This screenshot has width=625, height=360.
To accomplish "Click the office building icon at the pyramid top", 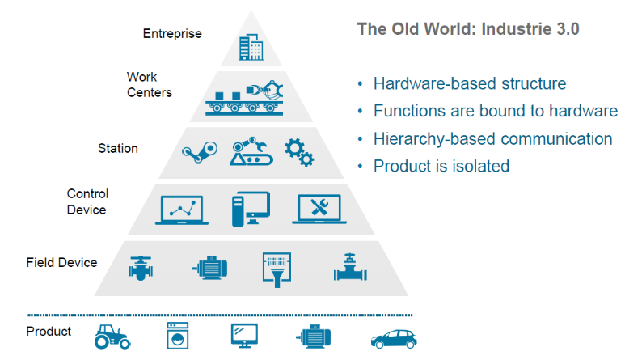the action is point(251,47).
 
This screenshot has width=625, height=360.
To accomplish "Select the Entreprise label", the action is point(172,33).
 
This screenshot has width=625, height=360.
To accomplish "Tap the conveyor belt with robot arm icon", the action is point(244,98).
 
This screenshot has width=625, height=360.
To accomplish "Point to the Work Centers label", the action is point(149,84).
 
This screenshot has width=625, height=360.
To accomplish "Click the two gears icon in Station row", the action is point(299,152).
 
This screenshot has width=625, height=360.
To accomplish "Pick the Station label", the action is point(118,148).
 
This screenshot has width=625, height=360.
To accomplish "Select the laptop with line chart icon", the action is point(182,210).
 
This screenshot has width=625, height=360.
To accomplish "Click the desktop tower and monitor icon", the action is point(251,209).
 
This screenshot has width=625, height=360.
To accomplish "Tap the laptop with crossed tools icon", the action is point(319,209).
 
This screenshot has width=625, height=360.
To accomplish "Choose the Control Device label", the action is point(87,201).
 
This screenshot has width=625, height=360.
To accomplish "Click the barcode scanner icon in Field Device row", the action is point(277,269).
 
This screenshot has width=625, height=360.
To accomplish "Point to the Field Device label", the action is point(61,262).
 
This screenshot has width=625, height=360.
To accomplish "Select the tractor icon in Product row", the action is point(112,337).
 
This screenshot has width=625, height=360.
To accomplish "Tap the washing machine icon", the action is point(177,336).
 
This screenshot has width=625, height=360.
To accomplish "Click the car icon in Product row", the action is point(394,339).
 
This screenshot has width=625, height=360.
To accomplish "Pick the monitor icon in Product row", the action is point(244,336).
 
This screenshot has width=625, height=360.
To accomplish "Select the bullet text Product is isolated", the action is point(441,166).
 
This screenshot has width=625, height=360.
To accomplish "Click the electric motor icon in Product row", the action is point(313,337).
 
